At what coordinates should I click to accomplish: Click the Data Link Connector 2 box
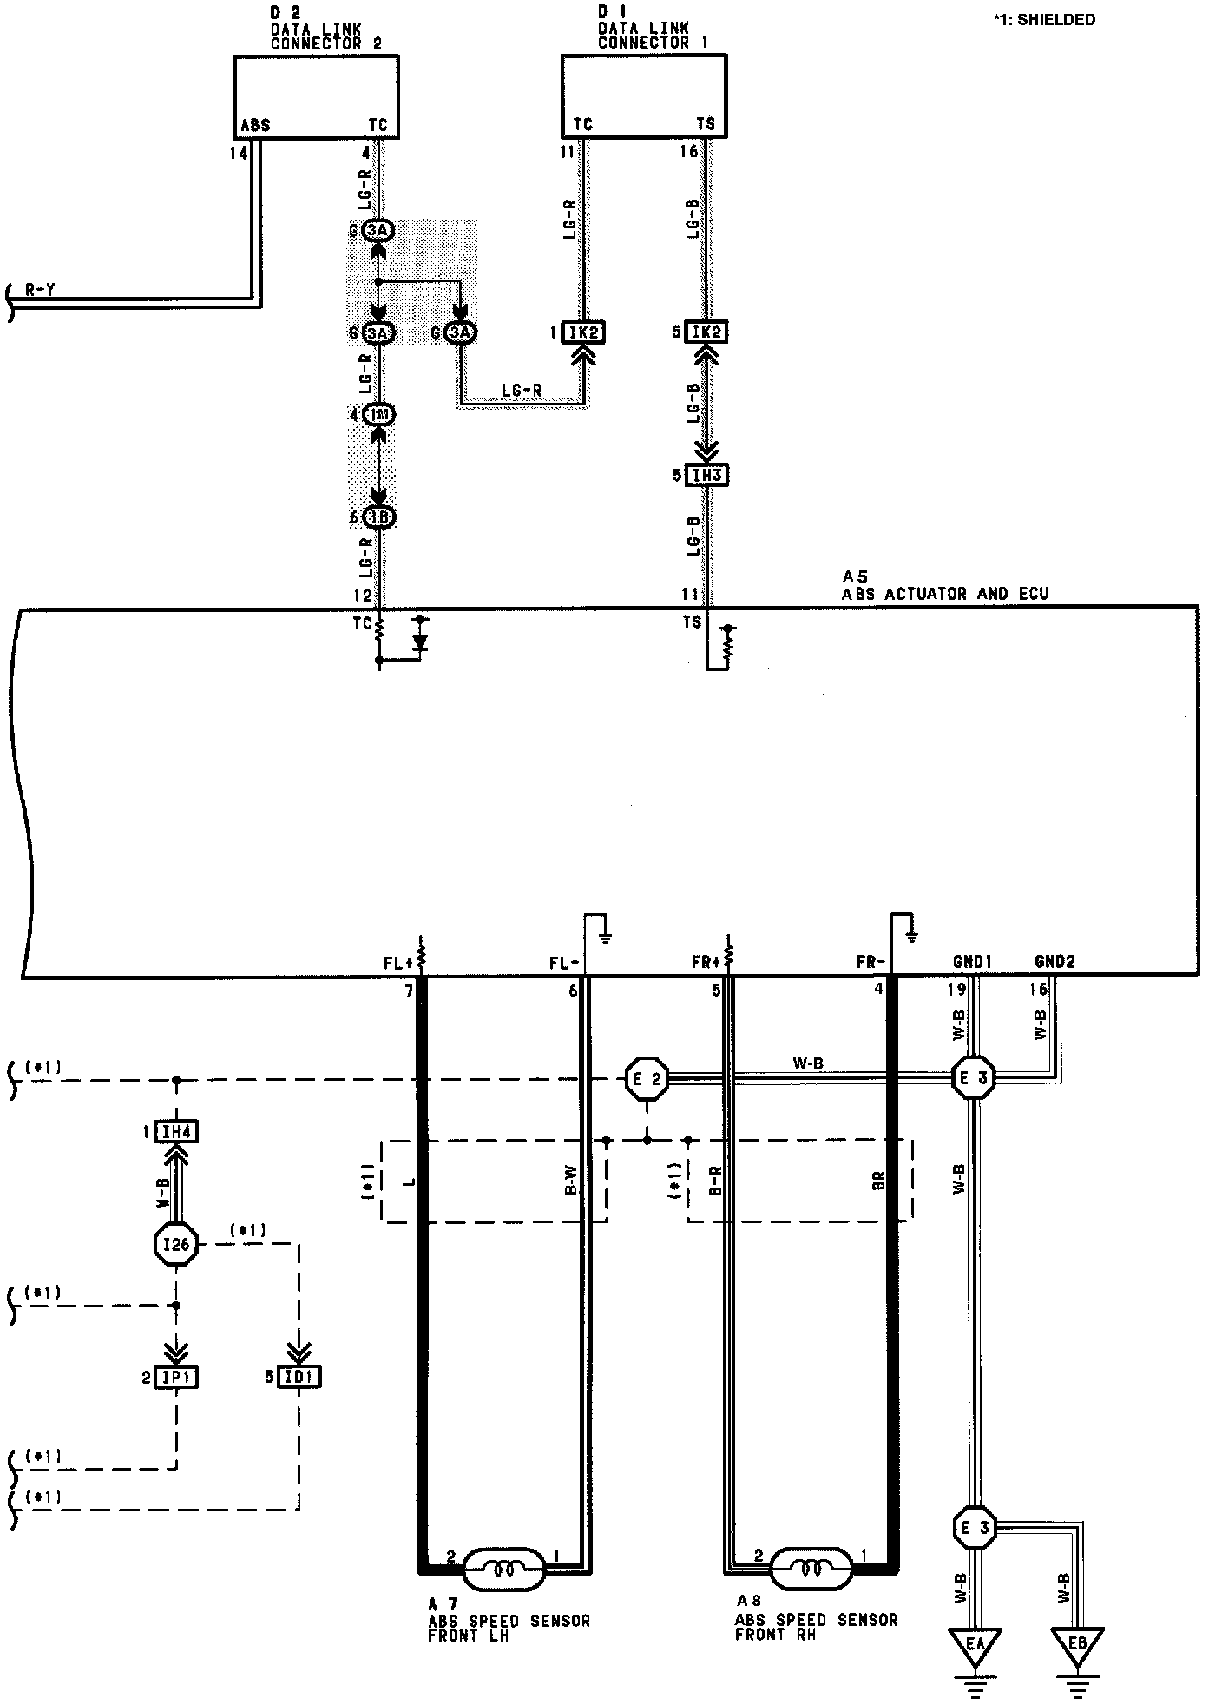316,96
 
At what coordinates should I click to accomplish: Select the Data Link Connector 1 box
643,96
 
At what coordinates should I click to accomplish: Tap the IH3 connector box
706,476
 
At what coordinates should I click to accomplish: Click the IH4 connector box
177,1132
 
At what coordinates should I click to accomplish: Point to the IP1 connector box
176,1377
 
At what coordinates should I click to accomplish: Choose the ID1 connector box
299,1377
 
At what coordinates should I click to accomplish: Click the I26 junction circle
176,1246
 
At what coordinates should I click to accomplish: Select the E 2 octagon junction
647,1079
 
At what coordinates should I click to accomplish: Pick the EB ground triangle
1078,1645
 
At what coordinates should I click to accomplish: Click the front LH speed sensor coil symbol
503,1570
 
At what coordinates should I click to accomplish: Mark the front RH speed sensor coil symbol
811,1570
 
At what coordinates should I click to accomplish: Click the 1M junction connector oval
378,416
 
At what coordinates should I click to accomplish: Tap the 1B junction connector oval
378,517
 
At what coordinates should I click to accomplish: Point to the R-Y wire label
40,291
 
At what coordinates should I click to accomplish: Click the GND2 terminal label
1054,962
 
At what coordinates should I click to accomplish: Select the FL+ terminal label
400,963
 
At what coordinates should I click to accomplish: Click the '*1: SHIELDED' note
1044,19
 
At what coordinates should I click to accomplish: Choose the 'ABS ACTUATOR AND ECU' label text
944,594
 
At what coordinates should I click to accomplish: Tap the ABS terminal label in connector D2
255,126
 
